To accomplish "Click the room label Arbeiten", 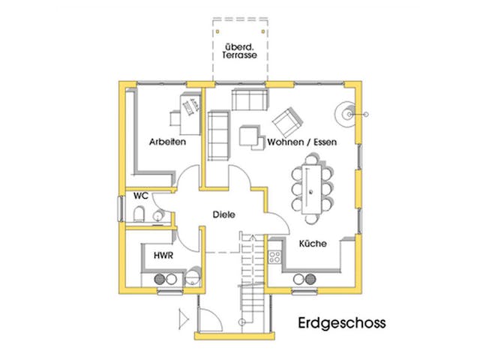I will tap(166, 141).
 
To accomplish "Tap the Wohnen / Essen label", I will tap(302, 141).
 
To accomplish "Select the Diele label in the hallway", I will tap(223, 214).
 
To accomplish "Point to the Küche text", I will tap(312, 244).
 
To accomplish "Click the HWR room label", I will tap(164, 255).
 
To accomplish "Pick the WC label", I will tap(140, 196).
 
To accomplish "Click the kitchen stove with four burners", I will tap(274, 257).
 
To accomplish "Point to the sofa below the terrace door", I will tap(248, 99).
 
